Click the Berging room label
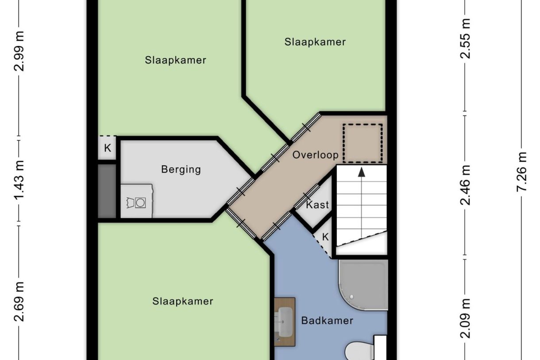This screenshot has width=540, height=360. (181, 169)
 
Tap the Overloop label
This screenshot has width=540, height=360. (315, 155)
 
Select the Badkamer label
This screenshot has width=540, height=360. (327, 321)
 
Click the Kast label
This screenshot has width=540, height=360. (317, 205)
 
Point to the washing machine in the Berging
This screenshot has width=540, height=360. (137, 201)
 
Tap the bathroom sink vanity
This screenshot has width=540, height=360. (284, 321)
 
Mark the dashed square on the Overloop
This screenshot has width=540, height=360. (363, 143)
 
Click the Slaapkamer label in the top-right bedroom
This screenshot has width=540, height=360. (315, 42)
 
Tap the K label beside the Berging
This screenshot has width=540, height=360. (107, 148)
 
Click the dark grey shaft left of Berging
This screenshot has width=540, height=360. (107, 191)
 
